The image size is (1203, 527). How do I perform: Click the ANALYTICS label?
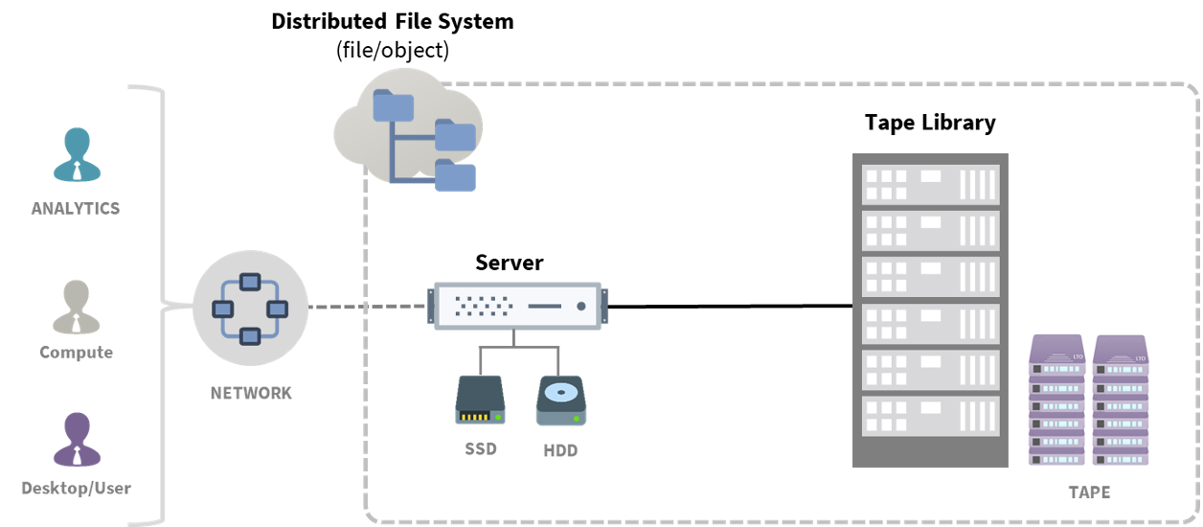tap(76, 208)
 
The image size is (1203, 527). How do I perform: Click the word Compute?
tap(76, 353)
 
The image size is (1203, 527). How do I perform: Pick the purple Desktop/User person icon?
tap(76, 441)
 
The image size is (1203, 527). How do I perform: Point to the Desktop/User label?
tap(76, 489)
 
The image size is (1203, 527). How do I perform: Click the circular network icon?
tap(250, 308)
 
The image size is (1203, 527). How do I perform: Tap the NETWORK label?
tap(251, 393)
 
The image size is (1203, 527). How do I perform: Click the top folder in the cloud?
tap(393, 105)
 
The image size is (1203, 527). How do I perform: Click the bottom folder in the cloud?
tap(455, 175)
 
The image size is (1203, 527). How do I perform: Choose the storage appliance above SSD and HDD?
tap(518, 306)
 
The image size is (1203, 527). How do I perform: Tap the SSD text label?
tap(480, 448)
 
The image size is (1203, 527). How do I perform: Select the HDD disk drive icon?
tap(560, 400)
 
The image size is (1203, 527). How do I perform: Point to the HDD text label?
tap(560, 450)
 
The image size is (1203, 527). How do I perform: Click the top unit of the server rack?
tap(930, 182)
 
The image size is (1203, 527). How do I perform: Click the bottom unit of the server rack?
tap(930, 415)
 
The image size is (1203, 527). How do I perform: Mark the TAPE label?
tap(1090, 493)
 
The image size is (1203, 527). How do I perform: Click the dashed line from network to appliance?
tap(369, 308)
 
